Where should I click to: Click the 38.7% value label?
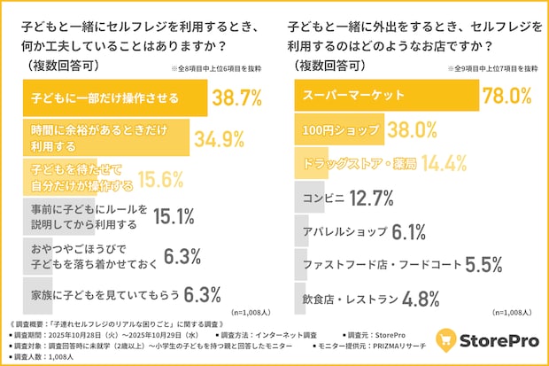(236, 96)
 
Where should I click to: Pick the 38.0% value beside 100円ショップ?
(411, 131)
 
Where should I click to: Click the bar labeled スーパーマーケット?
(385, 96)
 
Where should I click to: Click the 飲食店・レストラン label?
(348, 298)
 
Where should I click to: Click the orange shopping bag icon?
(448, 340)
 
